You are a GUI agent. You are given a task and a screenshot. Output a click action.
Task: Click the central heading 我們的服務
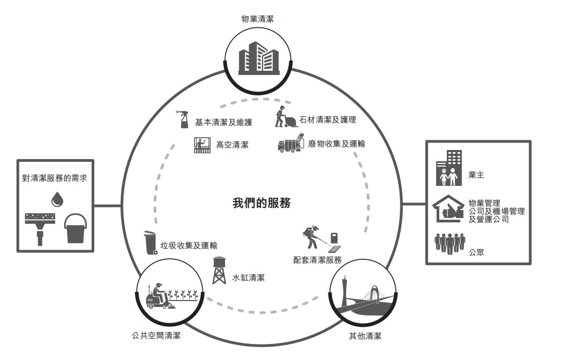point(261,203)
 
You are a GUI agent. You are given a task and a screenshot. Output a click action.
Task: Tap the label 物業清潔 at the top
point(257,19)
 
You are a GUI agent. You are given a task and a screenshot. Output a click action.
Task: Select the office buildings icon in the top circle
point(259,58)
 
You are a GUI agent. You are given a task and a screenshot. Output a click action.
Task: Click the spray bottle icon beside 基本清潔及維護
point(184,119)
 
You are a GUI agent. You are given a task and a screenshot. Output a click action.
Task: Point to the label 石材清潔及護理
point(327,120)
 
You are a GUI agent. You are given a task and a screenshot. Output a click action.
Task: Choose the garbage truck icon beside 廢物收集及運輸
point(291,143)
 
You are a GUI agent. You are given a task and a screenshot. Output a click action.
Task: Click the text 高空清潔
point(233,145)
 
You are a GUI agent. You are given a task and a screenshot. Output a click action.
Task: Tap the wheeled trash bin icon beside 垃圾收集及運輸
point(151,243)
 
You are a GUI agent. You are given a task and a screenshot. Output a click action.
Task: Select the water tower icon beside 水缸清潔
point(219,271)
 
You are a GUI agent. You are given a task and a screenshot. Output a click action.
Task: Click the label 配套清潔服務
point(317,260)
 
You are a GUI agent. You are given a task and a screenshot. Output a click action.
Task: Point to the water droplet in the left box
point(57,199)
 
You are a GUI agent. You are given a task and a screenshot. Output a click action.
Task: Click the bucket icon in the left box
point(75,228)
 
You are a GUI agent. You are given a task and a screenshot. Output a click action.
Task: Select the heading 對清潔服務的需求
point(55,178)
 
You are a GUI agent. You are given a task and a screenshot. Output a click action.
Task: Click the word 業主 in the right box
point(476,175)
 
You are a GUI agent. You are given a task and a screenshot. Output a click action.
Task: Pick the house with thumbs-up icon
point(448,209)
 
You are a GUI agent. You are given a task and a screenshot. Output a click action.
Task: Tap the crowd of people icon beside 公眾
point(450,243)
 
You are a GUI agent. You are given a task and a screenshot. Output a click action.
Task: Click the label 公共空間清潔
point(156,335)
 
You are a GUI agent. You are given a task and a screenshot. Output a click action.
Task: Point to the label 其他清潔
point(365,336)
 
